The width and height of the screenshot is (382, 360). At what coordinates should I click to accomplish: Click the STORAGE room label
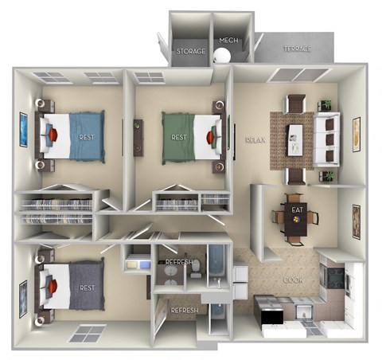[x=191, y=51]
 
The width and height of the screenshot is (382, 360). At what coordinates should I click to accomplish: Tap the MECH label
[x=228, y=40]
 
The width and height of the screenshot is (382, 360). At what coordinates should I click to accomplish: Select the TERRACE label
[x=297, y=49]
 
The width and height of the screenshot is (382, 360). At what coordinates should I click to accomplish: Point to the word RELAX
[x=255, y=139]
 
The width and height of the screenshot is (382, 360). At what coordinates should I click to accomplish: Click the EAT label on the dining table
[x=298, y=209]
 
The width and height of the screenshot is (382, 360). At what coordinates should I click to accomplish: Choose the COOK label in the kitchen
[x=293, y=281]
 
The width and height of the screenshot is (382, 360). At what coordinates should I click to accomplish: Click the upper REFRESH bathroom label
[x=181, y=262]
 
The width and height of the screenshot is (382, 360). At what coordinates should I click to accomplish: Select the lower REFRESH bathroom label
[x=184, y=310]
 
